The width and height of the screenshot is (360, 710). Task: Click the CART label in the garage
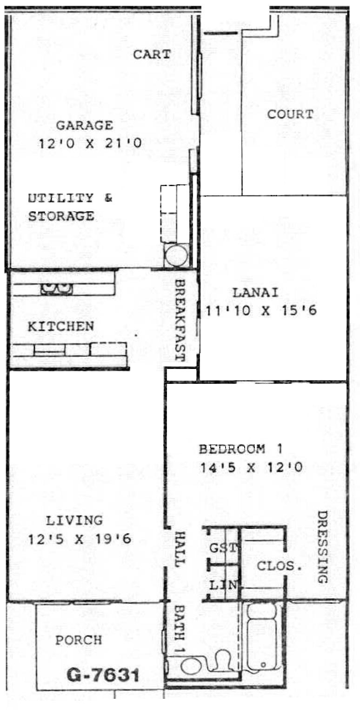[x=152, y=54]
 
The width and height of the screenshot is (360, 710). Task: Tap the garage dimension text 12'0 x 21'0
[x=90, y=143]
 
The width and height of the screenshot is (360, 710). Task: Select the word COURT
[x=290, y=114]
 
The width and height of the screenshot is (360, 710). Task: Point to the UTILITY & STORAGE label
[x=70, y=207]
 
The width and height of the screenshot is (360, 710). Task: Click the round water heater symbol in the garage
[x=176, y=255]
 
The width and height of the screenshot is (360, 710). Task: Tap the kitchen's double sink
[x=56, y=288]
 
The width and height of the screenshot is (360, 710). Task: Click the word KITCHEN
[x=61, y=327]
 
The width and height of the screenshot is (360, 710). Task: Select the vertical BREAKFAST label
[x=180, y=320]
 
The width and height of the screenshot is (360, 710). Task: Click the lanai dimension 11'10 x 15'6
[x=261, y=311]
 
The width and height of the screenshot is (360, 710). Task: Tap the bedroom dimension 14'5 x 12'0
[x=251, y=468]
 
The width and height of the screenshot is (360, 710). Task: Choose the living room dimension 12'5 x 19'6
[x=80, y=539]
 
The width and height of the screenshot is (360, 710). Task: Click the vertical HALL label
[x=180, y=549]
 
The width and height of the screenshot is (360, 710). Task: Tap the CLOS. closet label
[x=279, y=566]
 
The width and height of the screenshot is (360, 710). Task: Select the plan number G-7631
[x=103, y=675]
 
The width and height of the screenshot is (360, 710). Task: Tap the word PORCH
[x=79, y=640]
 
